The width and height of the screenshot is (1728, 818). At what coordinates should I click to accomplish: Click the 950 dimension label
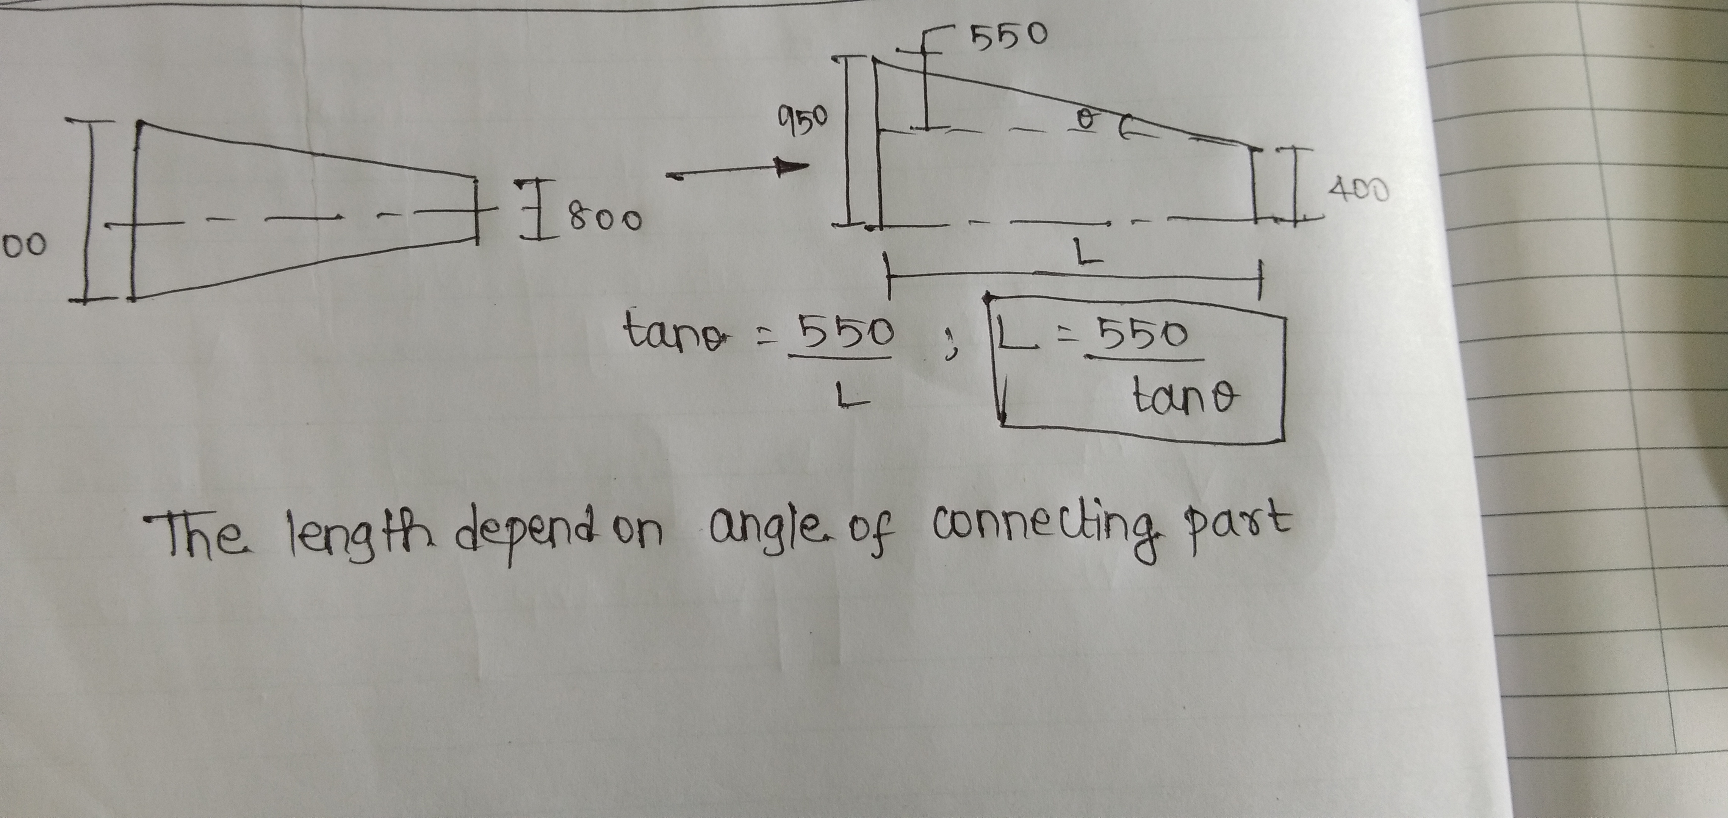click(x=804, y=121)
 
